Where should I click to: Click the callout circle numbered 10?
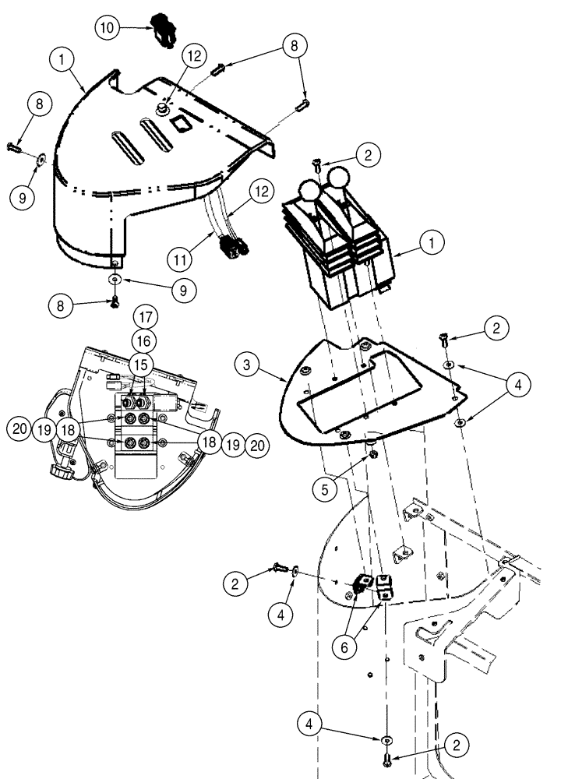point(108,27)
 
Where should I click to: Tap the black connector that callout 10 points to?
point(162,29)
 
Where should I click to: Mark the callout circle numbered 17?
point(145,317)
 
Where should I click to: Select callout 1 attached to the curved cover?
point(64,58)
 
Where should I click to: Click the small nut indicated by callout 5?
point(373,453)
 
